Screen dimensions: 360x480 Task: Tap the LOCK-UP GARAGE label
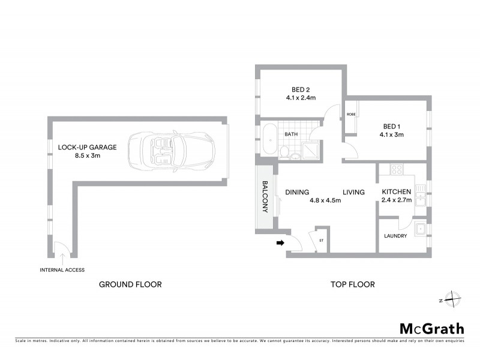(87, 147)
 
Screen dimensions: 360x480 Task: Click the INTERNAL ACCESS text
(62, 269)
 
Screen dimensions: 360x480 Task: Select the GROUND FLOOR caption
(130, 284)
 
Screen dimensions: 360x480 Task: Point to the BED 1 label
(392, 126)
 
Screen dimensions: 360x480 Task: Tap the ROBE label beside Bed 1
(350, 114)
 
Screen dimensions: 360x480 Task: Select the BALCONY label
(264, 198)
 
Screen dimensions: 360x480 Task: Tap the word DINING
(297, 193)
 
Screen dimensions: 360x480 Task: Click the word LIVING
(354, 193)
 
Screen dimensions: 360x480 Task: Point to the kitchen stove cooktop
(397, 170)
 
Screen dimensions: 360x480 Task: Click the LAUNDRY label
(396, 236)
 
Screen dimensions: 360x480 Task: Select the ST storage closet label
(322, 241)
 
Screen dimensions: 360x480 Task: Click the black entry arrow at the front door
(280, 243)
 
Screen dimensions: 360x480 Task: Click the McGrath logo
(431, 328)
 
